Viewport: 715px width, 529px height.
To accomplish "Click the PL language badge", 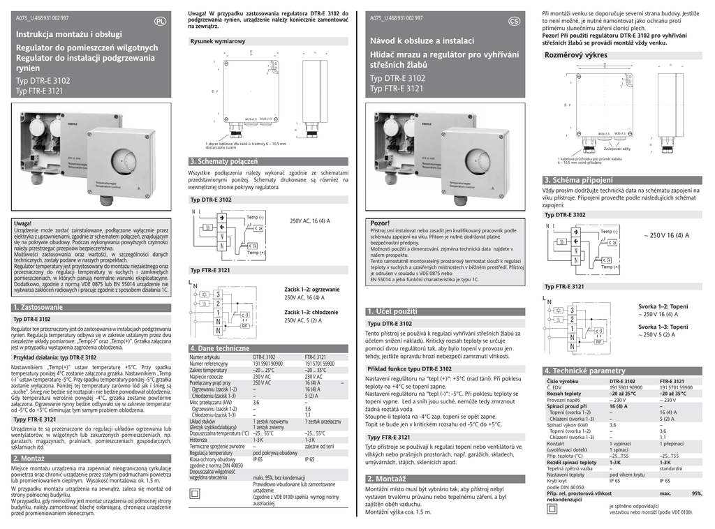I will point(160,21).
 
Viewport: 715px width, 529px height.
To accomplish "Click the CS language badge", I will point(515,21).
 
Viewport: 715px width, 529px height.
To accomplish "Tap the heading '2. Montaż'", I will point(29,459).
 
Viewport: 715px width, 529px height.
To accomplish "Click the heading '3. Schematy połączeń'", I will point(223,162).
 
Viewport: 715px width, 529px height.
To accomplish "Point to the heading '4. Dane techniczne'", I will point(219,348).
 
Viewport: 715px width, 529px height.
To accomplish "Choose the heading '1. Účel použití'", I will point(392,311).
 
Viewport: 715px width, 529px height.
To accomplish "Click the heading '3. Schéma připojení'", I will point(578,180).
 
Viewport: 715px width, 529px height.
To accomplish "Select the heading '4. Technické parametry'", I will point(585,371).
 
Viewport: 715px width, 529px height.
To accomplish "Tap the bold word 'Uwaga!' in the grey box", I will point(23,223).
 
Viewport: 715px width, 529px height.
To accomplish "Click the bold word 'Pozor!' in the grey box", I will point(380,223).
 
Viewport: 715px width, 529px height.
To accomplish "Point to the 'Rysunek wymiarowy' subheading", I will point(218,42).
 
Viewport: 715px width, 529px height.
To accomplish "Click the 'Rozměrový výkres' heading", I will point(575,55).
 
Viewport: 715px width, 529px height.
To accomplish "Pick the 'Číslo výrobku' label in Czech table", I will point(562,381).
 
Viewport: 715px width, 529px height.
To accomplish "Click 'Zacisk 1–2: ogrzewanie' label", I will point(312,289).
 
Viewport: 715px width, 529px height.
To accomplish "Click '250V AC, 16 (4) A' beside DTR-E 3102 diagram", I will point(310,221).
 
